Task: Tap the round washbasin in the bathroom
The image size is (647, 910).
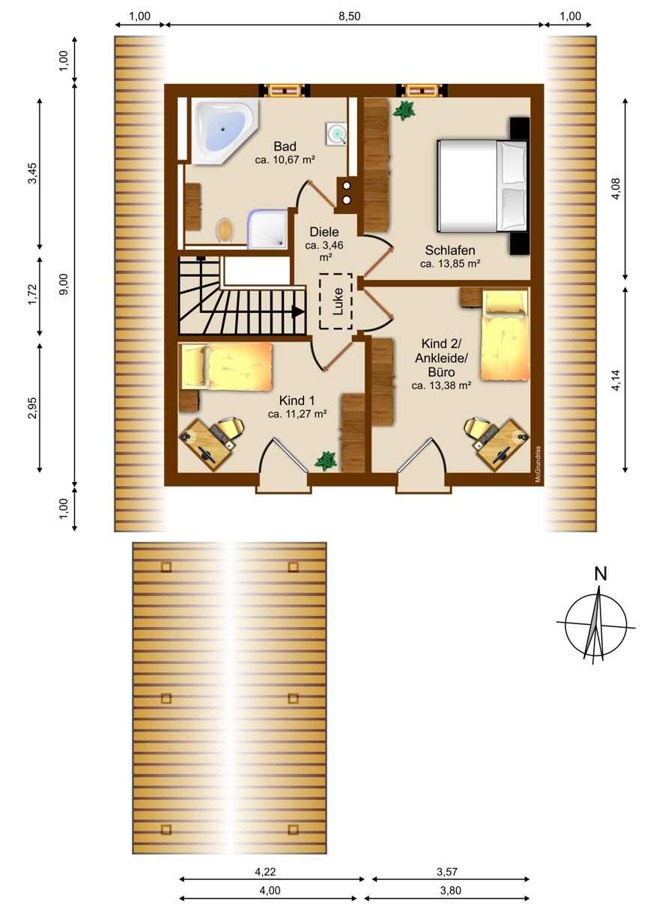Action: [336, 133]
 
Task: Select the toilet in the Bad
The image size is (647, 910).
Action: [225, 230]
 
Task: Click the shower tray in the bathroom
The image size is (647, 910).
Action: [268, 229]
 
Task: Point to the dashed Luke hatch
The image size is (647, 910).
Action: [335, 301]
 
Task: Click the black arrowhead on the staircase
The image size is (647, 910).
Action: [299, 311]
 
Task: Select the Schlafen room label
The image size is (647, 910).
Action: [450, 250]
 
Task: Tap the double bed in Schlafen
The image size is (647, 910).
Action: [482, 186]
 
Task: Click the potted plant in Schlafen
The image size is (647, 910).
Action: [404, 110]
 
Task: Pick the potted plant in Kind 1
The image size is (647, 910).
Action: [326, 461]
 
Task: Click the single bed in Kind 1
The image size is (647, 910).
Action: [226, 367]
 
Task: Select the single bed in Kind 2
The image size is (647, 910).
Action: [505, 335]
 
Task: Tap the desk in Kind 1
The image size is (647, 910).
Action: [206, 445]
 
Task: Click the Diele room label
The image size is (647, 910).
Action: [324, 232]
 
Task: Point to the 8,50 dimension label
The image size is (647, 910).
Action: [350, 16]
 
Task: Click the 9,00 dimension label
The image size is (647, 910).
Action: [64, 284]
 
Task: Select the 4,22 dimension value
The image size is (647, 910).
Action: [265, 871]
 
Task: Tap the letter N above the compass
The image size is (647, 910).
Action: [601, 574]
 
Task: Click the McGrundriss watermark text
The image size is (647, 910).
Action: [538, 464]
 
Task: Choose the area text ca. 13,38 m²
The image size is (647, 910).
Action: [441, 385]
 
